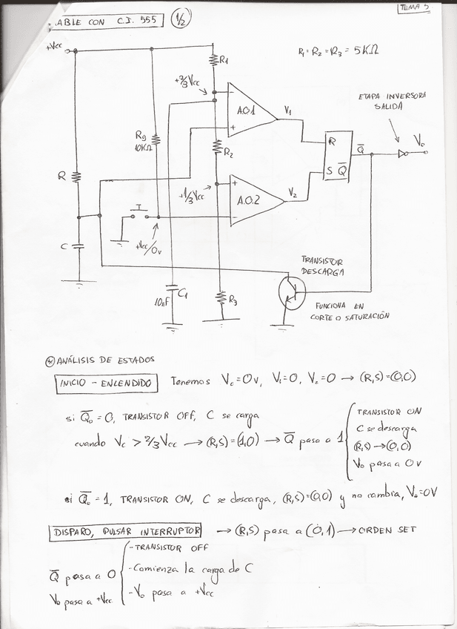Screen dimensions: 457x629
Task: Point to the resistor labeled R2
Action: coord(217,148)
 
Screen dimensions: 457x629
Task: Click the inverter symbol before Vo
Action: coord(403,154)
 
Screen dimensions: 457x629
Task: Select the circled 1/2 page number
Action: coord(179,21)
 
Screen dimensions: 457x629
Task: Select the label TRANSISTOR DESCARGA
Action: coord(324,265)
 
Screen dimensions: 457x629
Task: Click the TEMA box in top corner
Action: coord(415,8)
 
